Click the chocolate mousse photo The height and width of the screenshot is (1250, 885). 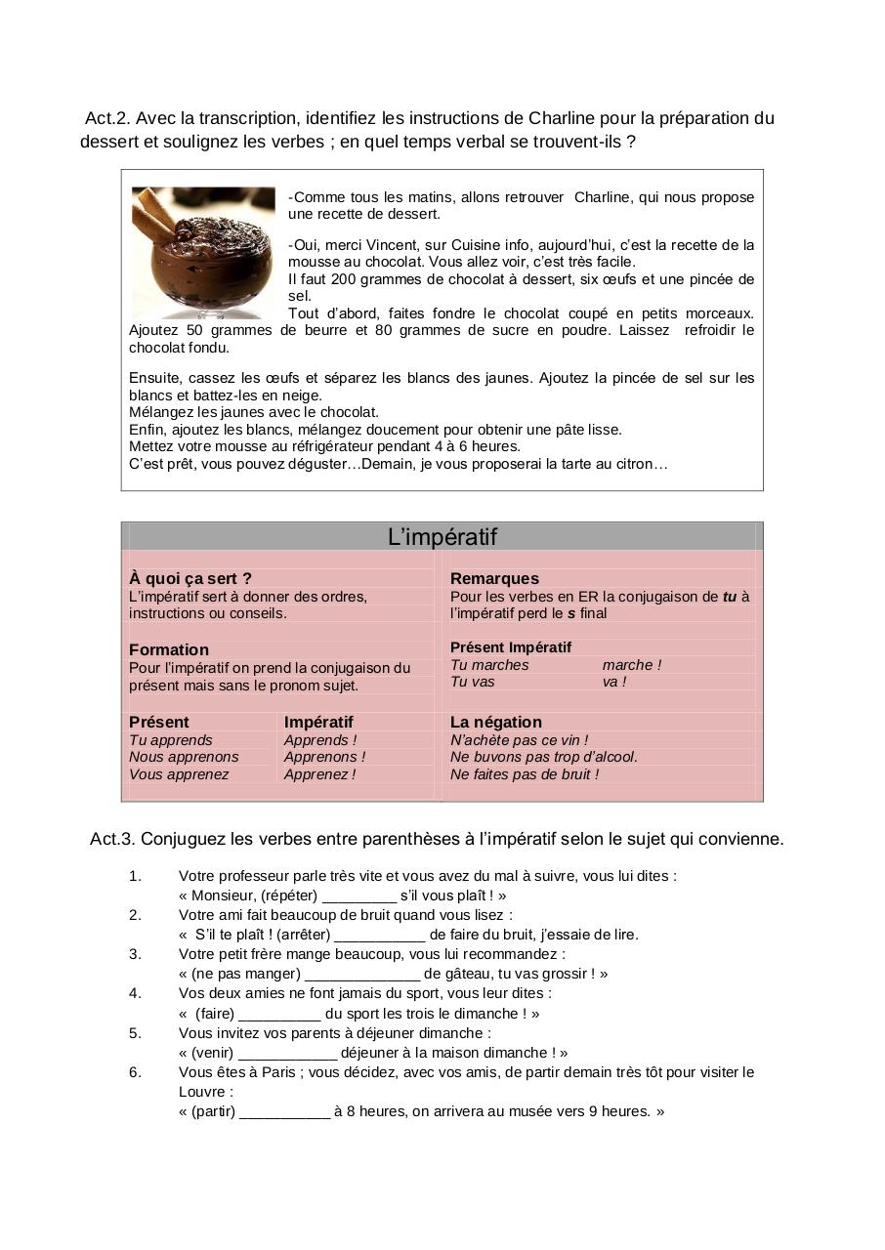click(203, 252)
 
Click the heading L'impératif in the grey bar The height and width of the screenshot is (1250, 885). click(442, 536)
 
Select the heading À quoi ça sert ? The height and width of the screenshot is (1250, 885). click(190, 578)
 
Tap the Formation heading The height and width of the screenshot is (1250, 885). click(169, 649)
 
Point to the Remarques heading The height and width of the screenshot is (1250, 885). click(494, 578)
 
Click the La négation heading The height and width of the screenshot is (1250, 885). click(495, 722)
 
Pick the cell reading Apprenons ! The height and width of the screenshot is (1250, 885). click(324, 757)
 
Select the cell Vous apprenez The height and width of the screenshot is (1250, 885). click(179, 774)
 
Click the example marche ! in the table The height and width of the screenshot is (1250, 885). click(631, 665)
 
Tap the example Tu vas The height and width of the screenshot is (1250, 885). click(473, 682)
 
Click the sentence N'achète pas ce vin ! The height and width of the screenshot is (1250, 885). click(519, 740)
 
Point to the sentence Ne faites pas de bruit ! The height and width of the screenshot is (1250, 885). click(525, 774)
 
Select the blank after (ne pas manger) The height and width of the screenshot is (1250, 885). click(362, 974)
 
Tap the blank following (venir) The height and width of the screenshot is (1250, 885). click(287, 1053)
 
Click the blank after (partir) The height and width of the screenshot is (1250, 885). click(284, 1111)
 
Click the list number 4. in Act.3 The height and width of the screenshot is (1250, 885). click(135, 993)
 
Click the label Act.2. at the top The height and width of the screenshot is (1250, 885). click(107, 118)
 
